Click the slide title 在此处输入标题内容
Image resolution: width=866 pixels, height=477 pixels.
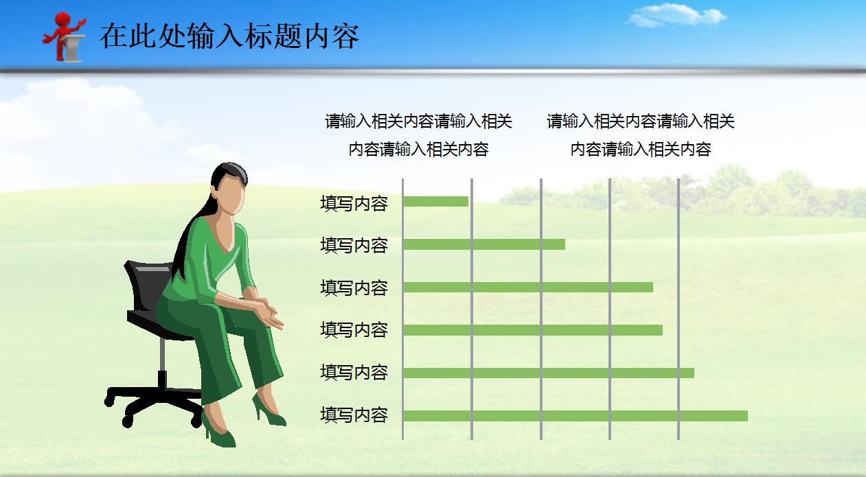(229, 36)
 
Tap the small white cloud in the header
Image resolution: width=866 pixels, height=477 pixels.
(676, 16)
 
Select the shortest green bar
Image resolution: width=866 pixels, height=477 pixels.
(435, 202)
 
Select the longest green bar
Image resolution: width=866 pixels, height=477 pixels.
(575, 416)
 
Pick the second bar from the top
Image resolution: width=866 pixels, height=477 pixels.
(483, 244)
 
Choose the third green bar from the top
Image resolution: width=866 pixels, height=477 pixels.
(527, 287)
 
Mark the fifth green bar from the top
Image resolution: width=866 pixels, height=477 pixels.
(548, 373)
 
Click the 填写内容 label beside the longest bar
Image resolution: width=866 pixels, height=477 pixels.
(354, 415)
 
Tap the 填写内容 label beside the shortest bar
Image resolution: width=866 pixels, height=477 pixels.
(354, 204)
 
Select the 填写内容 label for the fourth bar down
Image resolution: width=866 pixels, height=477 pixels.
(354, 330)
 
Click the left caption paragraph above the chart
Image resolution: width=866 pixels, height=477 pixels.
(418, 135)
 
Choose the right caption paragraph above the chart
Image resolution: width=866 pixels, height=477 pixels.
(640, 135)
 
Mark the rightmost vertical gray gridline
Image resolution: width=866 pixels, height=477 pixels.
(679, 309)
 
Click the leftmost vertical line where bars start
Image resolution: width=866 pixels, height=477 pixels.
(402, 309)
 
